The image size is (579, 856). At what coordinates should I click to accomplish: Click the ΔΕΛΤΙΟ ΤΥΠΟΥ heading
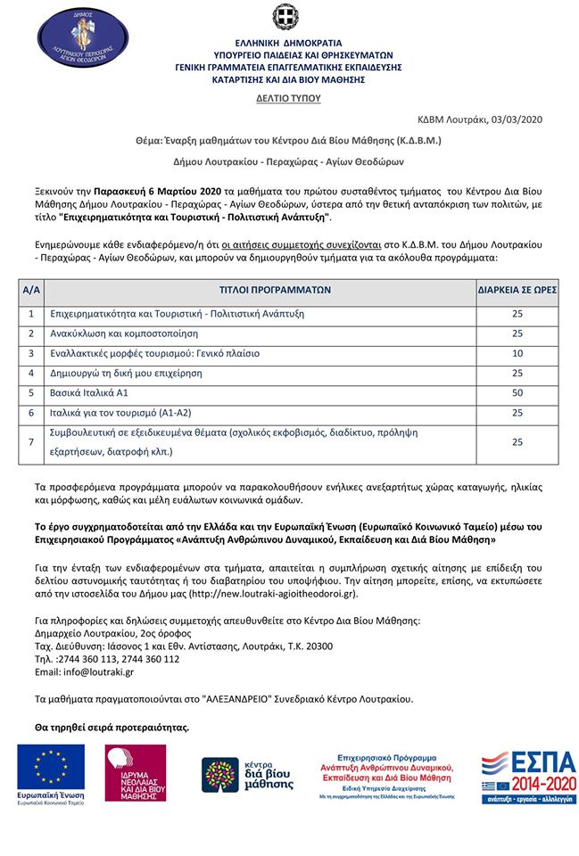289,99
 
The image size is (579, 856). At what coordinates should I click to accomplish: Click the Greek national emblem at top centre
289,18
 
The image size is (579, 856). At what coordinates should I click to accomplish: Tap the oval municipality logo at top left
86,40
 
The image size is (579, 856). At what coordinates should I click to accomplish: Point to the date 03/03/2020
516,119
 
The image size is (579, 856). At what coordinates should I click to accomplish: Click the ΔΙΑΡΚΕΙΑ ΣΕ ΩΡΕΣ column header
517,290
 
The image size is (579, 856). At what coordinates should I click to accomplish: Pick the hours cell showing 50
517,392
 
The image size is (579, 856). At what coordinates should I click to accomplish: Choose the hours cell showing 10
517,353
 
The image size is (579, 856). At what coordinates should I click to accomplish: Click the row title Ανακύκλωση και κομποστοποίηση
136,333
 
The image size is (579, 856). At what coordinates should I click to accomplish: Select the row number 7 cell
31,441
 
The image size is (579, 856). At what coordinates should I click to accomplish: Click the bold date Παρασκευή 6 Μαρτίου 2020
158,191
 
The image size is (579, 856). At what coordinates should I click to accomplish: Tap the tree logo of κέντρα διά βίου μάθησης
220,774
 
